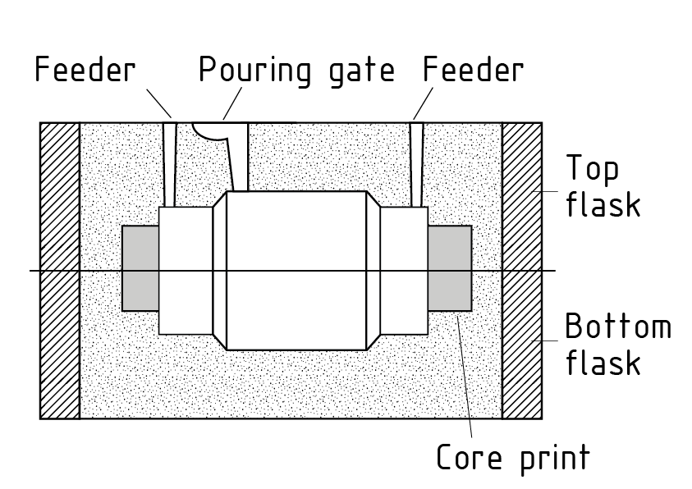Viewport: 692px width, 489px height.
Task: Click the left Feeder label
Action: tap(85, 71)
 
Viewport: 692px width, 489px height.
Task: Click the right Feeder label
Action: tap(473, 71)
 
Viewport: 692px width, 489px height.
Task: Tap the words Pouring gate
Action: tap(296, 72)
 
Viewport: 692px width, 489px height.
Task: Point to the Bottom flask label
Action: tap(617, 345)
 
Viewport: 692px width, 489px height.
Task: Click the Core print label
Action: tap(512, 456)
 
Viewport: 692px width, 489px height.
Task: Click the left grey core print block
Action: tap(140, 268)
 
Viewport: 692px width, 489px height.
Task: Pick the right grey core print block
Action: tap(450, 268)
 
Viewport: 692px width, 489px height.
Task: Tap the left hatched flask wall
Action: tap(60, 271)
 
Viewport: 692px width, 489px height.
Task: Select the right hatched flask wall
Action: tap(521, 271)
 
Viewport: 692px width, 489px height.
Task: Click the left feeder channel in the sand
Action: tap(170, 164)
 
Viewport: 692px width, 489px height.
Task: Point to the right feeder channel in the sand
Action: tap(417, 164)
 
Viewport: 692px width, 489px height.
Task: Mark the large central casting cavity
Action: tap(296, 271)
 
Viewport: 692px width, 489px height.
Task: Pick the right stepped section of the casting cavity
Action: tap(404, 271)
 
